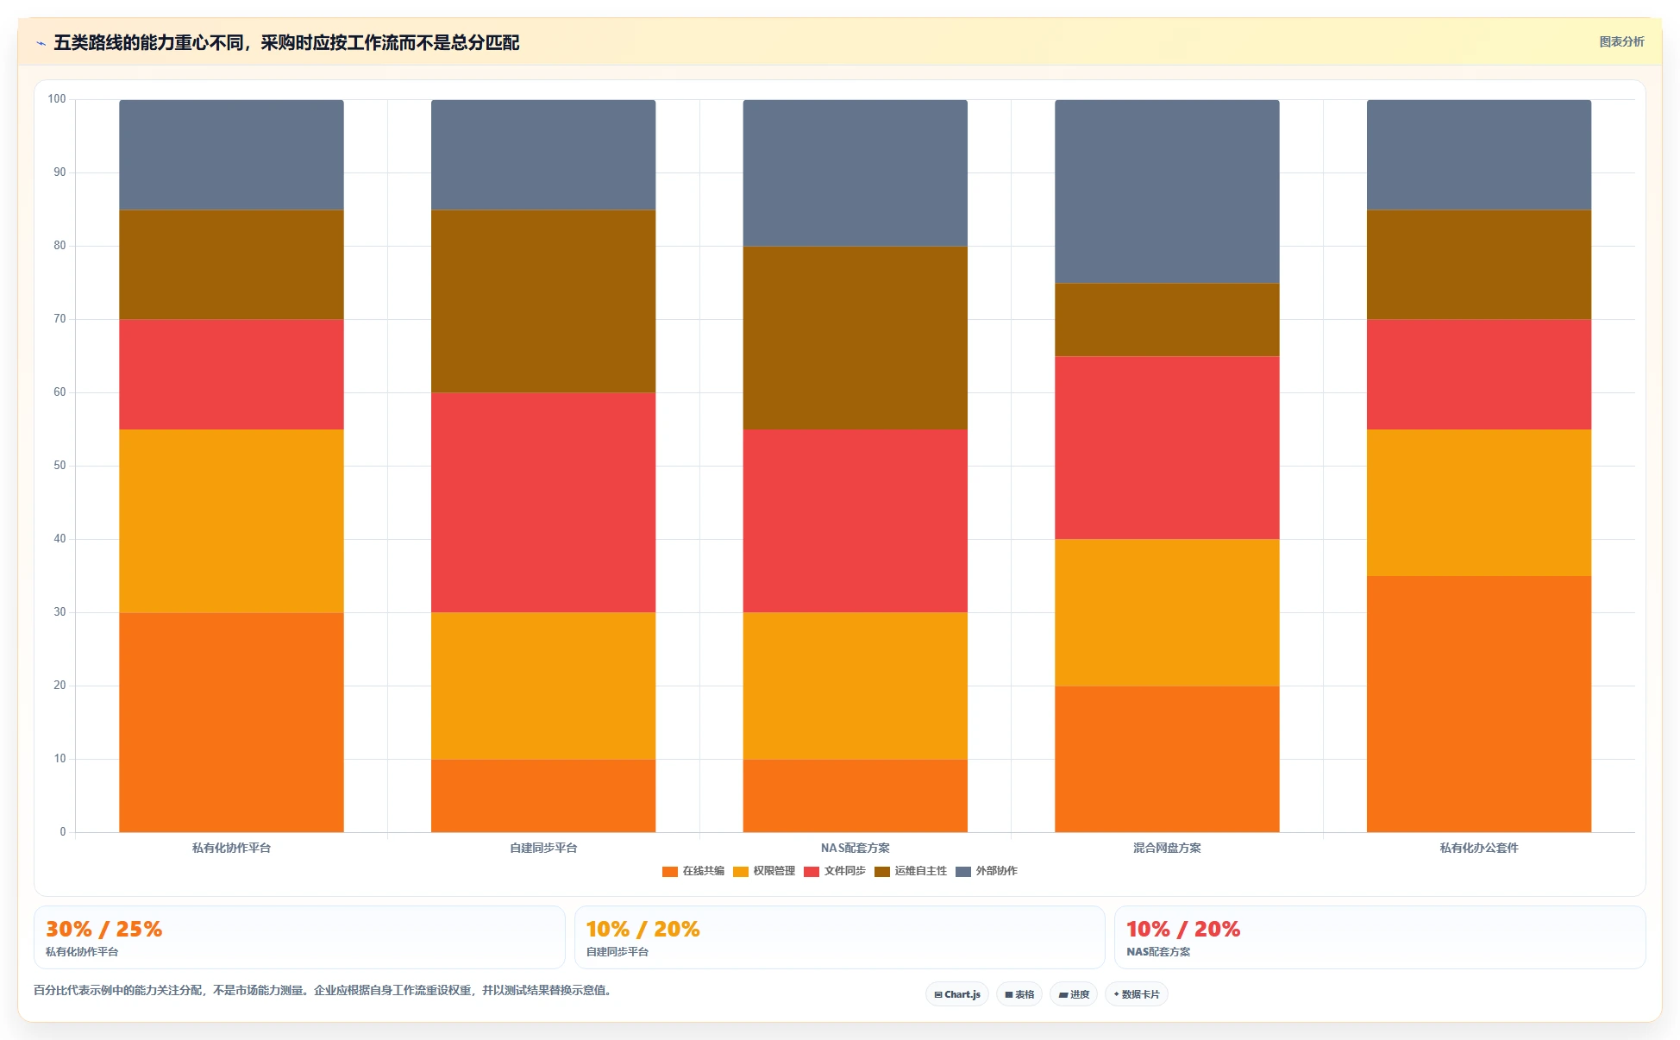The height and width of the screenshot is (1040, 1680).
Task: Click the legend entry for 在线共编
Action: pyautogui.click(x=693, y=871)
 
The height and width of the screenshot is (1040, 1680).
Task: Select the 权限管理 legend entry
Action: pyautogui.click(x=764, y=871)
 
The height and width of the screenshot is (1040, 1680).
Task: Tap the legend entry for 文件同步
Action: pyautogui.click(x=835, y=871)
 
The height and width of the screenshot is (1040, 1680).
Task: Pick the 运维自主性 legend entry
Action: pyautogui.click(x=911, y=871)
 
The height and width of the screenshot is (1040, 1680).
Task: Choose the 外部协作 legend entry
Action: pyautogui.click(x=987, y=871)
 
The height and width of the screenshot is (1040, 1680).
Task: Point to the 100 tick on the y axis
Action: pyautogui.click(x=57, y=99)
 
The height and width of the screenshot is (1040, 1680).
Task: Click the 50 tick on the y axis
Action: pyautogui.click(x=60, y=466)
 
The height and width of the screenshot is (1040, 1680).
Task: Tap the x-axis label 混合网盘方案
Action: pyautogui.click(x=1167, y=848)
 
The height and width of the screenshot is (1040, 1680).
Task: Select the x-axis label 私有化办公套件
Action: pyautogui.click(x=1479, y=848)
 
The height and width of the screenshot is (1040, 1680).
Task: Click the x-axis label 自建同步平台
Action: pyautogui.click(x=543, y=848)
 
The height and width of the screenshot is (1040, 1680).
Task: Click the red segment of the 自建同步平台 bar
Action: pyautogui.click(x=543, y=503)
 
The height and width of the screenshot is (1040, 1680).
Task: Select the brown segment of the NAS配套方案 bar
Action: pyautogui.click(x=856, y=338)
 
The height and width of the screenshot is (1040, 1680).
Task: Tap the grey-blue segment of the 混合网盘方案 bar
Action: pyautogui.click(x=1167, y=191)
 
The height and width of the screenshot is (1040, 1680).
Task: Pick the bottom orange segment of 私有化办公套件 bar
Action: pyautogui.click(x=1479, y=705)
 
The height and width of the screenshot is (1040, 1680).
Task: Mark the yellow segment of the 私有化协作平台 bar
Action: pyautogui.click(x=231, y=521)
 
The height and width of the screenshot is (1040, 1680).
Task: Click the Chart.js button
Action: pyautogui.click(x=957, y=994)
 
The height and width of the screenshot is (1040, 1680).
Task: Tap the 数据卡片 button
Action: pyautogui.click(x=1137, y=994)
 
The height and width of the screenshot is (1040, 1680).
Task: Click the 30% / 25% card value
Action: pyautogui.click(x=103, y=929)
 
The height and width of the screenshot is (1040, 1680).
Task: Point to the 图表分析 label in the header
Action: pyautogui.click(x=1621, y=41)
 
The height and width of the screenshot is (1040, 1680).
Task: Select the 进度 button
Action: pyautogui.click(x=1074, y=994)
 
